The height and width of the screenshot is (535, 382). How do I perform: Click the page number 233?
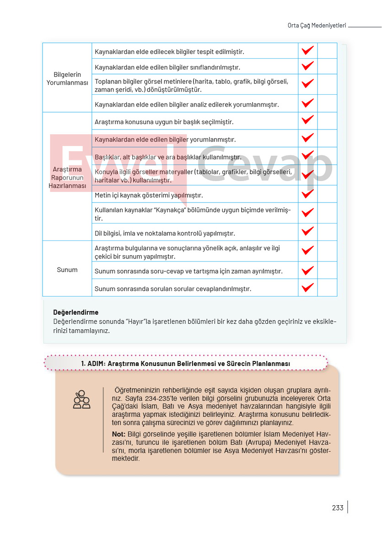(338, 508)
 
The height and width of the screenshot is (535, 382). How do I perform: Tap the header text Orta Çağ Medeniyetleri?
(313, 26)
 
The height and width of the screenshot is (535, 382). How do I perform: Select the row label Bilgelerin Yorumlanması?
(67, 78)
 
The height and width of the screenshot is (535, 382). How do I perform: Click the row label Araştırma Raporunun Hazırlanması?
(67, 177)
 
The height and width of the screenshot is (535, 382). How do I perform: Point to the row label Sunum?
(67, 270)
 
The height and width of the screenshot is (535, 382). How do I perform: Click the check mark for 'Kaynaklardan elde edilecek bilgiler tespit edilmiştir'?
(307, 50)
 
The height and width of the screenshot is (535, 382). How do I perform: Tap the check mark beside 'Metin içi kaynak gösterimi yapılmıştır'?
(307, 194)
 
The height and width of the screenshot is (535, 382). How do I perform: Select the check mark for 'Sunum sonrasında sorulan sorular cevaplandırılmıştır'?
(307, 288)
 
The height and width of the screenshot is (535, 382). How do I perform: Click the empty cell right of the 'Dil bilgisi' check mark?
(327, 232)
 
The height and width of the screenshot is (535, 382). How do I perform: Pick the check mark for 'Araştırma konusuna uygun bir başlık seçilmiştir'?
(307, 120)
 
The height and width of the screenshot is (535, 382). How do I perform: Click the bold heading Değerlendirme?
(75, 312)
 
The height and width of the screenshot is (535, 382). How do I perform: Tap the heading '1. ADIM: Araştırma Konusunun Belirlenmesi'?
(186, 363)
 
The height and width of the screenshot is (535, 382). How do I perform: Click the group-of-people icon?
(81, 399)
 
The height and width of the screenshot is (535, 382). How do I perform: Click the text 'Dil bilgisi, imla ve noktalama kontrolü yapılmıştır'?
(165, 233)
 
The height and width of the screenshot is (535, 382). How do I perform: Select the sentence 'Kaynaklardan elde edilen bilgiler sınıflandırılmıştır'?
(167, 67)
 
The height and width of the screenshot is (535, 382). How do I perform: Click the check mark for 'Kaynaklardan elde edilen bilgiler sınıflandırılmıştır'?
(307, 66)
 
